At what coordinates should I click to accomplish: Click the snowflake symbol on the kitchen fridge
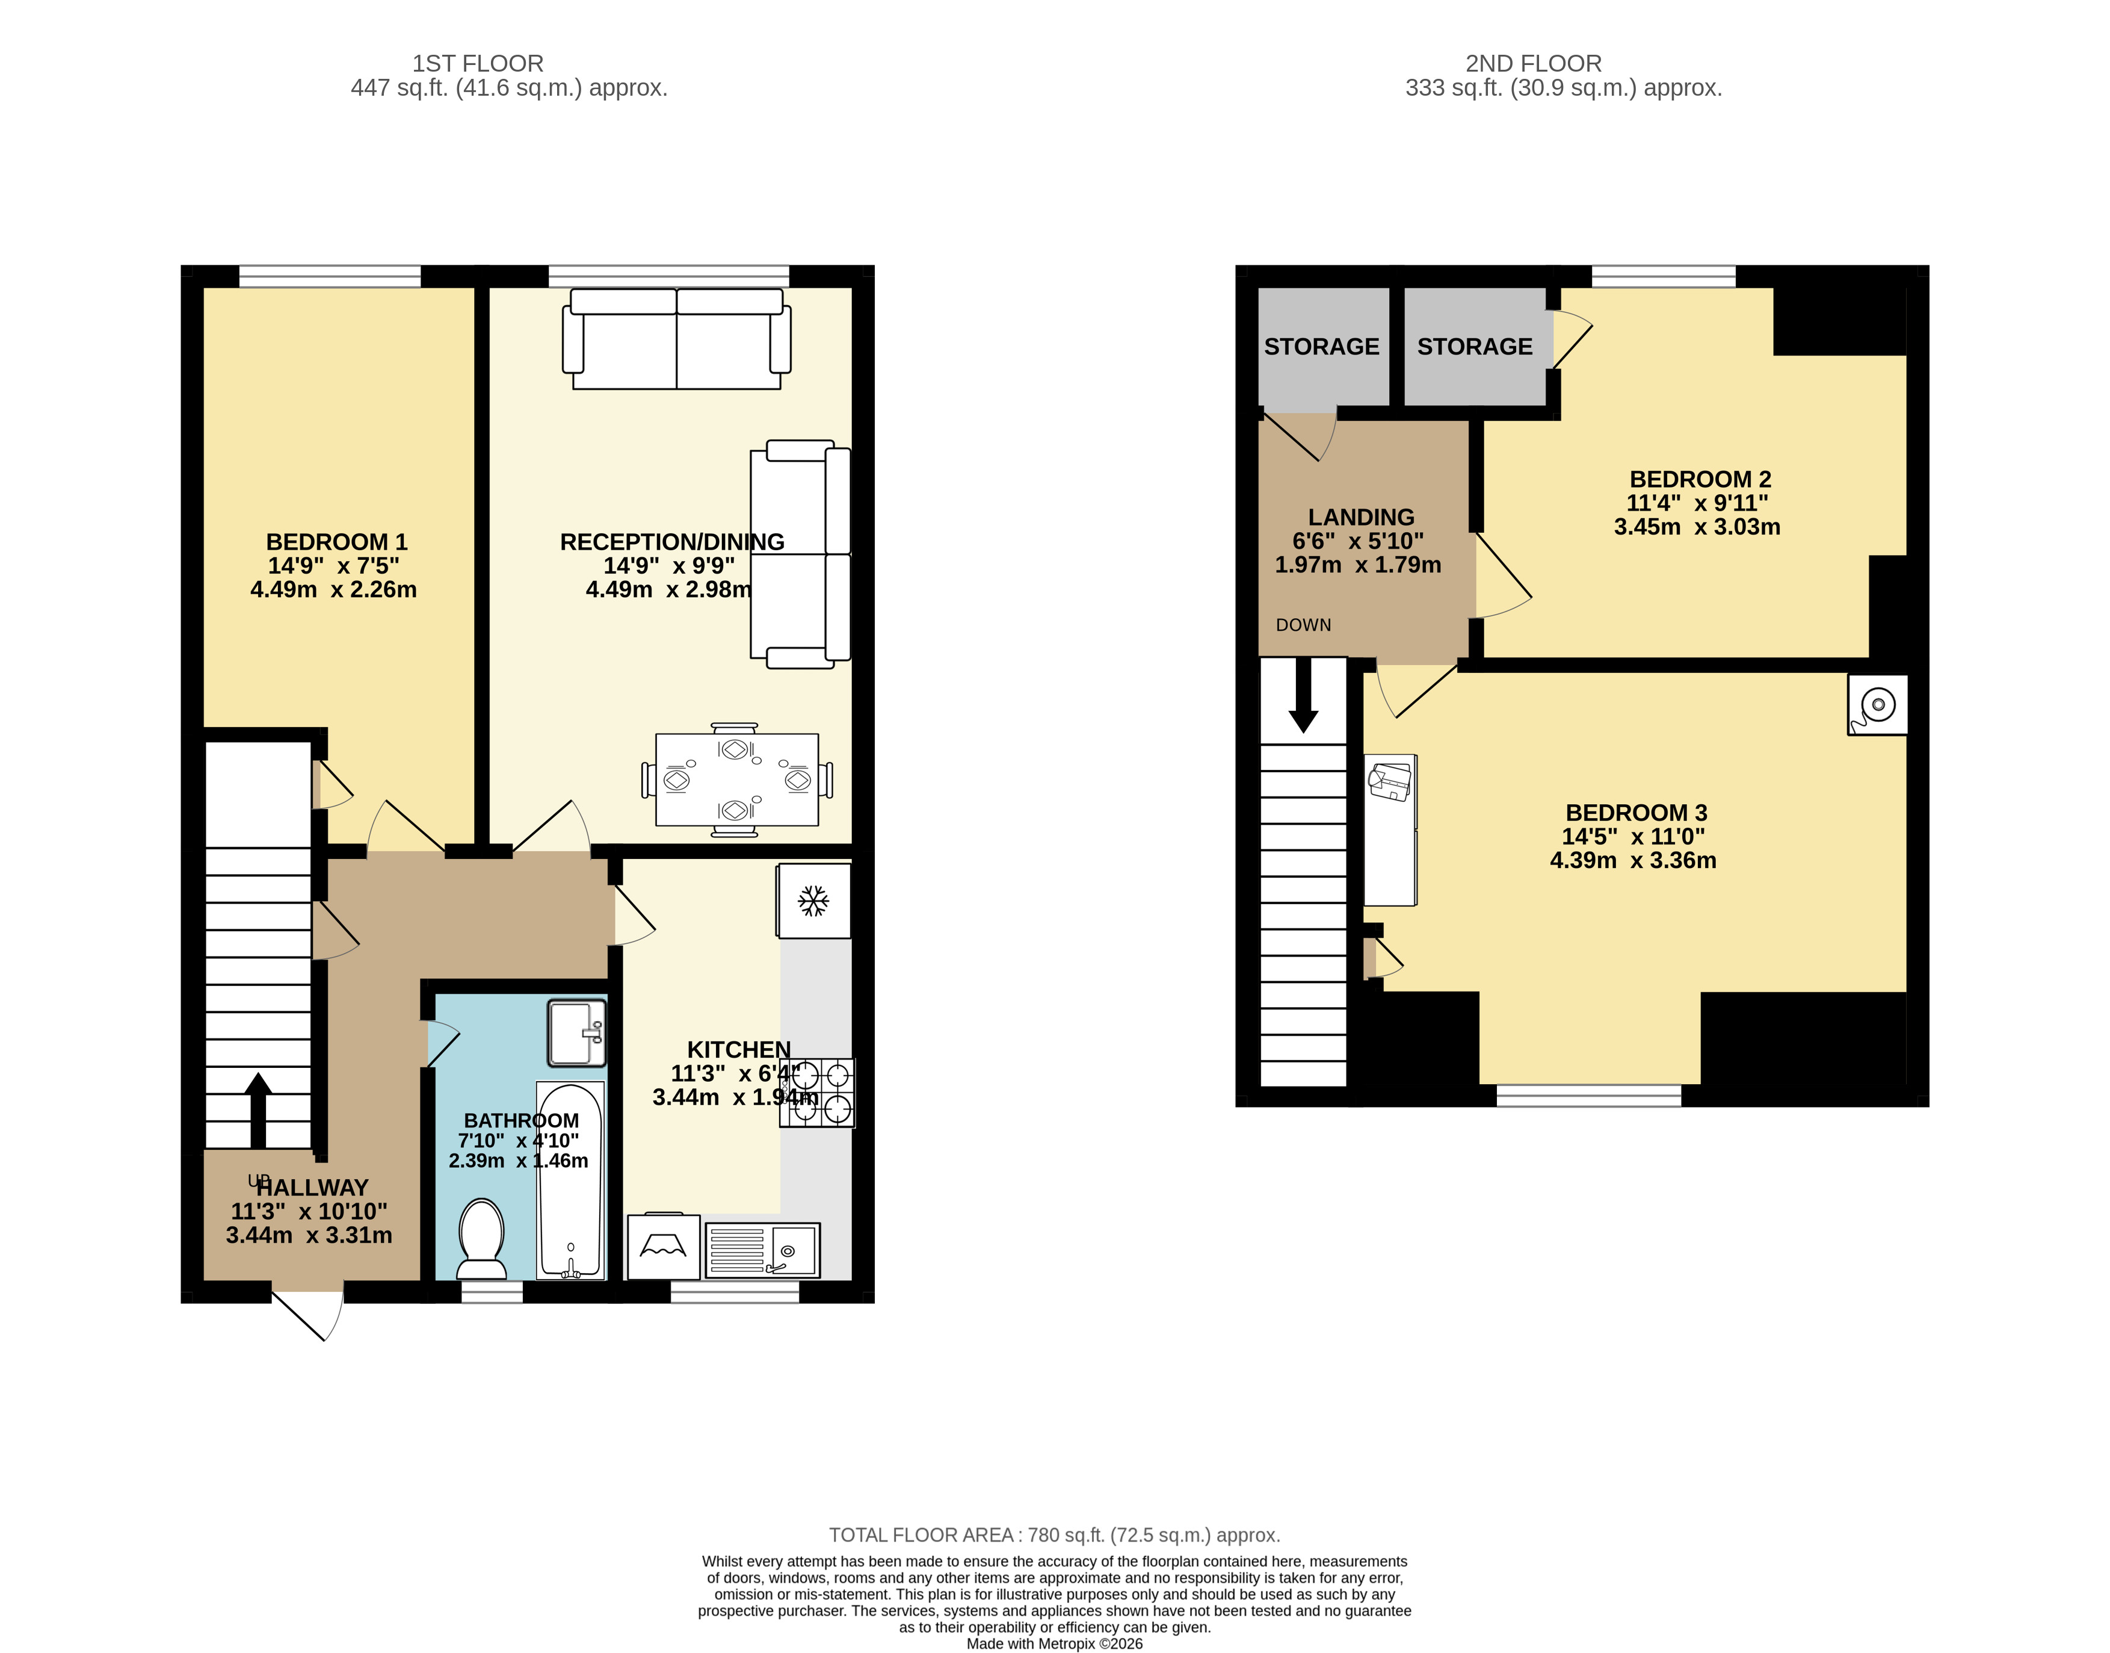tap(813, 901)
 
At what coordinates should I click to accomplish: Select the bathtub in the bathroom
tap(570, 1180)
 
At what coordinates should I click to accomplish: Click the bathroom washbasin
tap(576, 1032)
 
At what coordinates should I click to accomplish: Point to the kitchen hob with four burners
tap(818, 1093)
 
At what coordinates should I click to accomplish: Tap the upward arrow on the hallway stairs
tap(258, 1110)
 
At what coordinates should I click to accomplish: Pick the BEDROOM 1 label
tap(337, 542)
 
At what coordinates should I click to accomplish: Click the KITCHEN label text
tap(739, 1049)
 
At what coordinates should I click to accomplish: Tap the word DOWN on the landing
tap(1303, 625)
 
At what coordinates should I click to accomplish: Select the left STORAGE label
tap(1321, 347)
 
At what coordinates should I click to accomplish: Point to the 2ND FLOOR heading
tap(1534, 64)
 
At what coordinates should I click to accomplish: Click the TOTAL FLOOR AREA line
tap(1055, 1535)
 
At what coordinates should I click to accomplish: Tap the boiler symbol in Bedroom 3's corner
tap(1877, 704)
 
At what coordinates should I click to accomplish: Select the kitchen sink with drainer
tap(762, 1250)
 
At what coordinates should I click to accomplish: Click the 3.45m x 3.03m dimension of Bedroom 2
tap(1697, 527)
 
